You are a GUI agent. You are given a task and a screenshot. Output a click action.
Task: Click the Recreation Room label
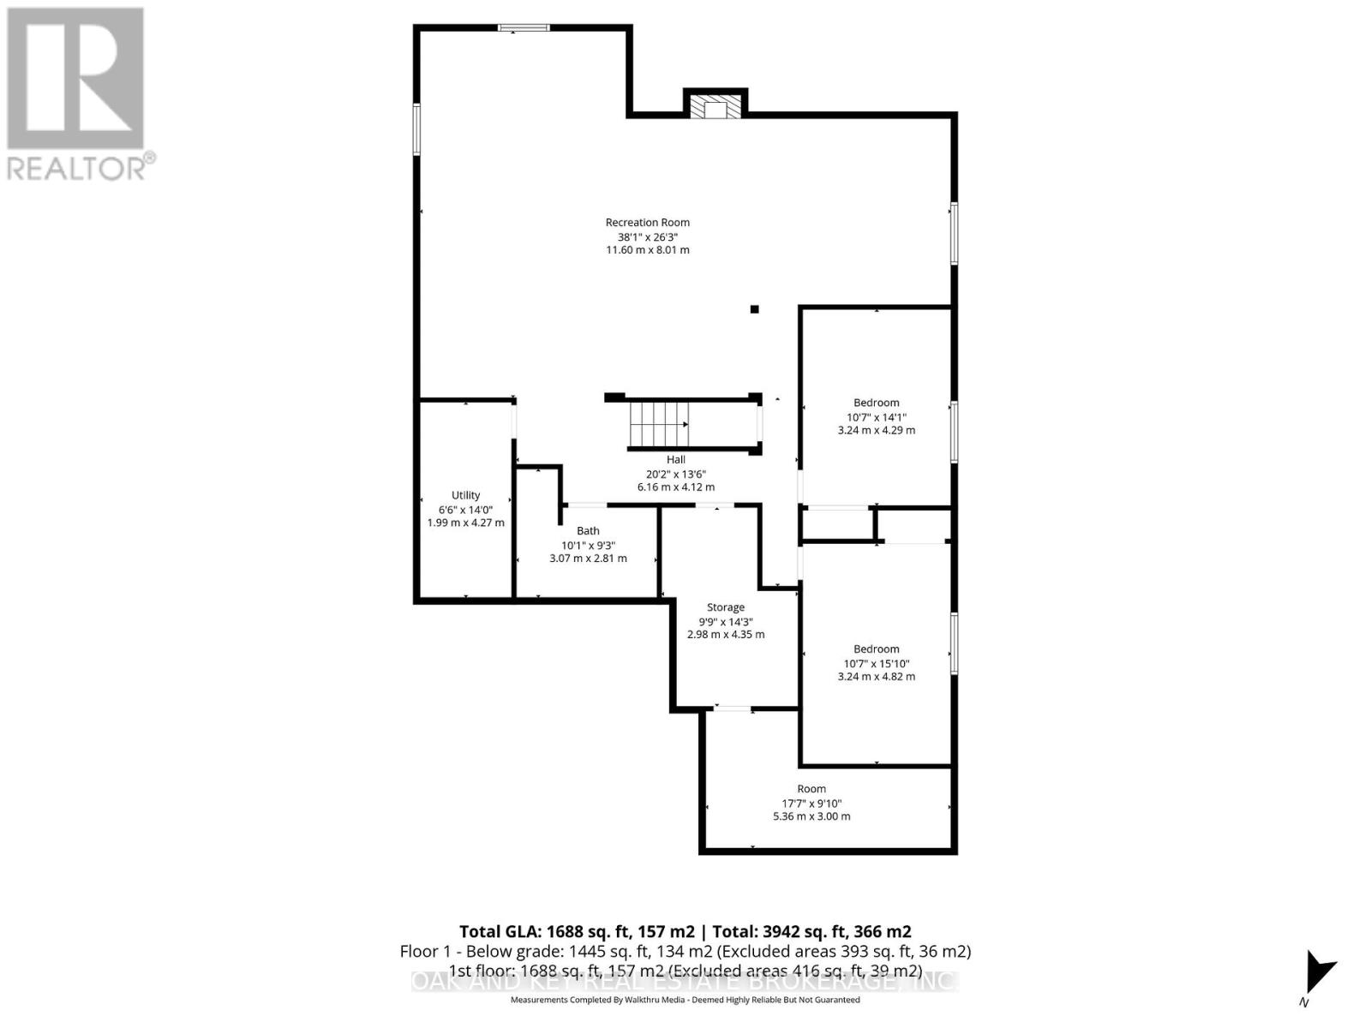click(647, 222)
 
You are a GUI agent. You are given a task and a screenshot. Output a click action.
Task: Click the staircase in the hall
click(659, 423)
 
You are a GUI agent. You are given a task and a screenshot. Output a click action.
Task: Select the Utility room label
click(465, 495)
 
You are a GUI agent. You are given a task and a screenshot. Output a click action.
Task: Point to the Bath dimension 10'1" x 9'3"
click(588, 545)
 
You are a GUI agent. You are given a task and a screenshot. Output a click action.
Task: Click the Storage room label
click(725, 607)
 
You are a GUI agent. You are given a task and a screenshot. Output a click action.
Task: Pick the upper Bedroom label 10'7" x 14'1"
click(876, 416)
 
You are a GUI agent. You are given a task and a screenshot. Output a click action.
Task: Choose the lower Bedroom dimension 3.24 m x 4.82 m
click(876, 677)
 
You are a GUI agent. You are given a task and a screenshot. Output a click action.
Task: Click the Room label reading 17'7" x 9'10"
click(811, 804)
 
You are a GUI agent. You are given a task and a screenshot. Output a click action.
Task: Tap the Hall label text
click(675, 460)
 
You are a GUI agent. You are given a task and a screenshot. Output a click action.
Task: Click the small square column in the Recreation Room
click(754, 309)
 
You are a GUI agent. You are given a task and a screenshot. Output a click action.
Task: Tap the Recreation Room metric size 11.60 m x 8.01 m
click(647, 250)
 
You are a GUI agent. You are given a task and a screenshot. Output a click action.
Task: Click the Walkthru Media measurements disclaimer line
click(685, 1000)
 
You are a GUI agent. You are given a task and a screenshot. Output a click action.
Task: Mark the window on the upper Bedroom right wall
click(954, 432)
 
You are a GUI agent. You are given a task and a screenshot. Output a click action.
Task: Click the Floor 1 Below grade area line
click(685, 952)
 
